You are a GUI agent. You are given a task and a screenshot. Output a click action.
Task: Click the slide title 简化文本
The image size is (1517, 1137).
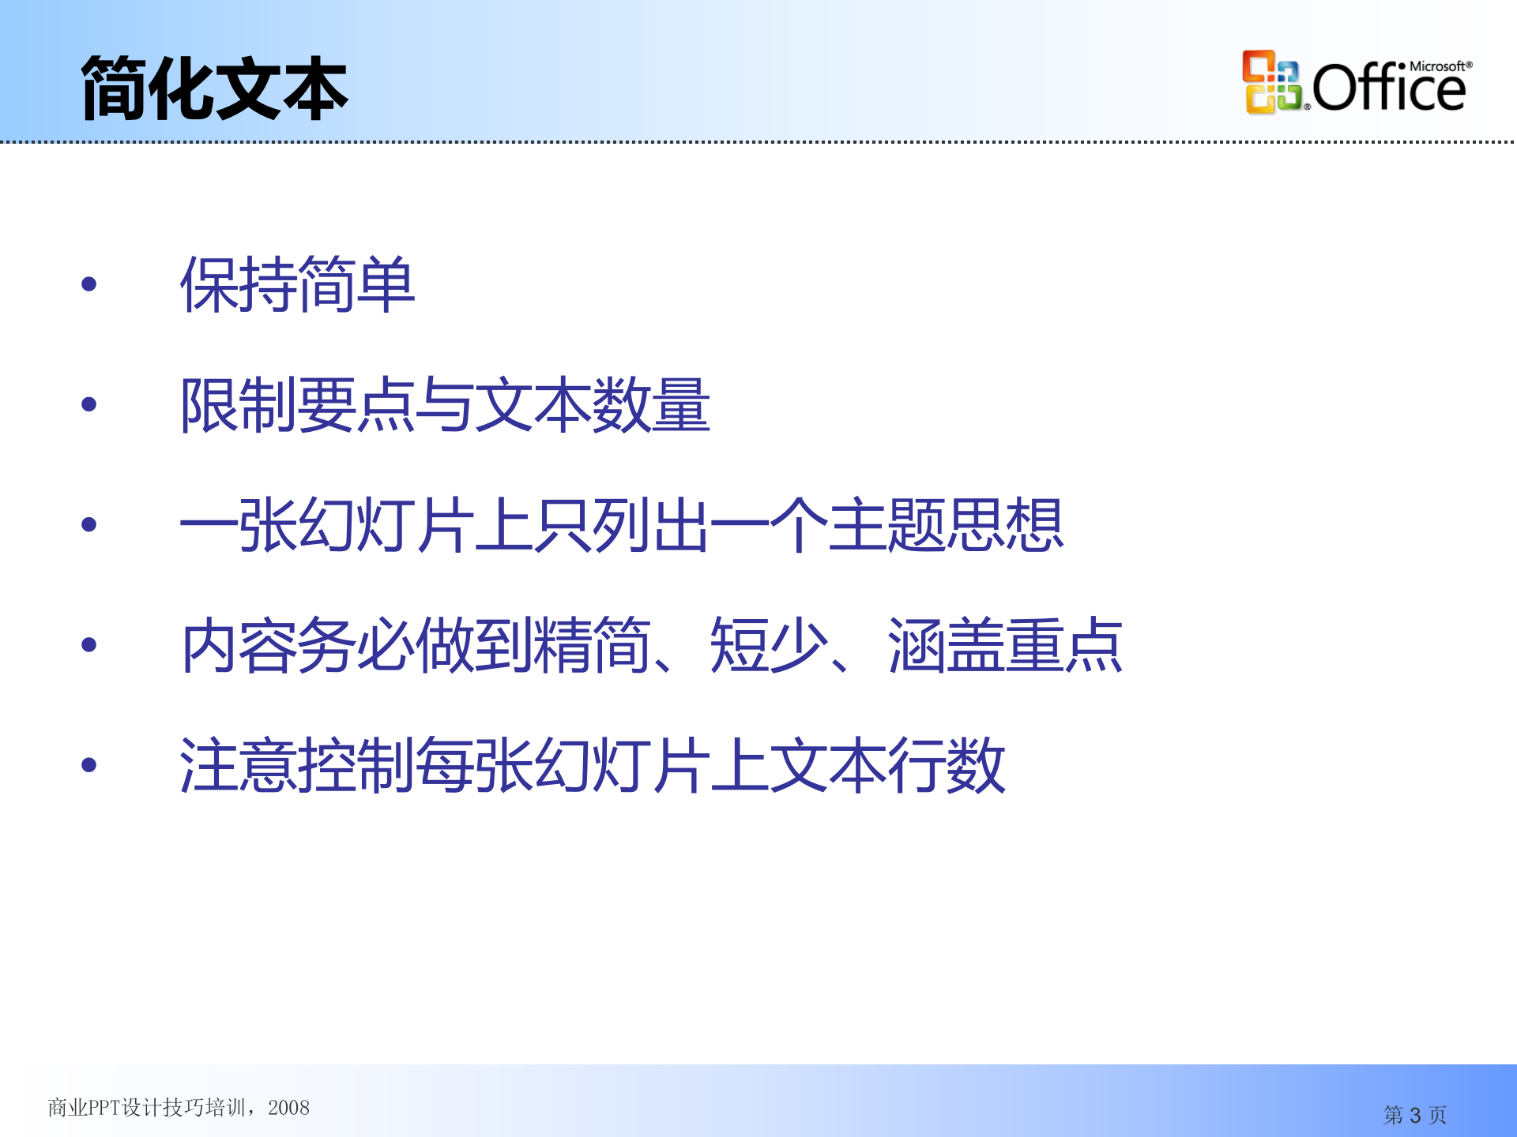pos(214,88)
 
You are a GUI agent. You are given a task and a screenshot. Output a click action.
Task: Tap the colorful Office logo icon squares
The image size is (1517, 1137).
pos(1271,82)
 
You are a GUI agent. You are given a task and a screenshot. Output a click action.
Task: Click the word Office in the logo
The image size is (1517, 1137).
pos(1389,88)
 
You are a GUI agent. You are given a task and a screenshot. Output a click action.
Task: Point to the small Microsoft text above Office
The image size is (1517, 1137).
pos(1439,66)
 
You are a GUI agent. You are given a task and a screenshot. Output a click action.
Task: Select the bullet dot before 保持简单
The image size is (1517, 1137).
pos(88,284)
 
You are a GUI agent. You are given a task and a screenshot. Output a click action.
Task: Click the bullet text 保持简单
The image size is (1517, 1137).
pos(297,284)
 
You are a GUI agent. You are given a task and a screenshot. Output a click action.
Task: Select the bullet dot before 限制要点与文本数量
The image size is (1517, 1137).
pos(88,404)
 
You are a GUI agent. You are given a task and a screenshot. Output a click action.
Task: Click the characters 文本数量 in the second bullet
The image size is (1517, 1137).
pos(593,404)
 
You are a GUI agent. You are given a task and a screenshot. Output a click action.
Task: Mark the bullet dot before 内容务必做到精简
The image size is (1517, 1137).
pos(88,645)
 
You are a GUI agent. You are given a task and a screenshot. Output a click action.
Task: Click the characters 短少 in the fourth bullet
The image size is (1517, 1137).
pos(768,645)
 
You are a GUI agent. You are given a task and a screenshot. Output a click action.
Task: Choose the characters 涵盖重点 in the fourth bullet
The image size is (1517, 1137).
pos(1005,645)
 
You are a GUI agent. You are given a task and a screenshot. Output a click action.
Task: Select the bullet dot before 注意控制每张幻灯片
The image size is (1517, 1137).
pos(88,764)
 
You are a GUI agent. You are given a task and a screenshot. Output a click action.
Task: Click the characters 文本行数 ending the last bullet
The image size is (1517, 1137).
pos(886,764)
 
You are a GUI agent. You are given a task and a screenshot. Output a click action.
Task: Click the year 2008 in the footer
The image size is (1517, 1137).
pos(288,1108)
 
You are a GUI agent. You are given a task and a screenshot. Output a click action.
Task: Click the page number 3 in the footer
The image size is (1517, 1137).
pos(1415,1116)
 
